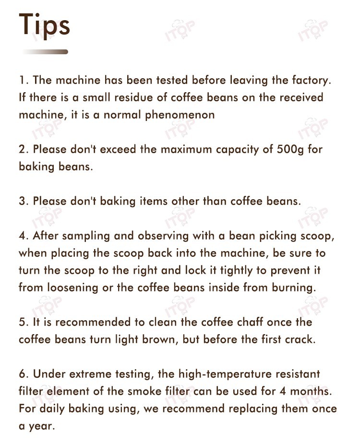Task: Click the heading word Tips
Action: (45, 25)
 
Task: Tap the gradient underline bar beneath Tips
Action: (45, 51)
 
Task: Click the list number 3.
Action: (22, 201)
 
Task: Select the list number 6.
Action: (22, 373)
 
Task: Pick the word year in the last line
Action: (42, 426)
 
